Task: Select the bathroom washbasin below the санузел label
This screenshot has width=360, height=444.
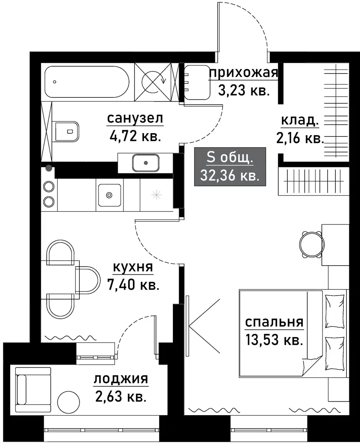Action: click(145, 163)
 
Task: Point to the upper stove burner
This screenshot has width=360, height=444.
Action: click(49, 186)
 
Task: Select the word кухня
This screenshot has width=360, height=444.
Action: click(133, 268)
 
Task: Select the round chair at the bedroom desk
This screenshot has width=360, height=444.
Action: click(311, 243)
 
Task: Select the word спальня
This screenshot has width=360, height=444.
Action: click(274, 323)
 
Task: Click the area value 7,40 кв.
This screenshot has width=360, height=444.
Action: click(133, 285)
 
